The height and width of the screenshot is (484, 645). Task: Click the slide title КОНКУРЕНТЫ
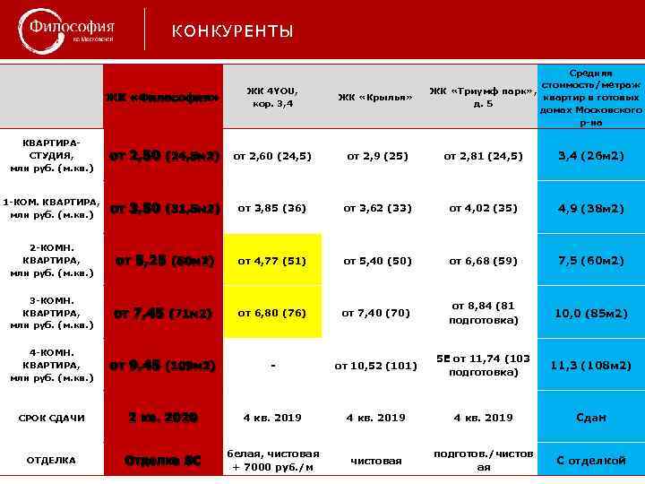[x=232, y=32]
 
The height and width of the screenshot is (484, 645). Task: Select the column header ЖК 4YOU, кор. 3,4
[x=272, y=97]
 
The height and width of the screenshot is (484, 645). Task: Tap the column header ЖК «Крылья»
[x=375, y=97]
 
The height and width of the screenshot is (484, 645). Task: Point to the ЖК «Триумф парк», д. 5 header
[x=483, y=97]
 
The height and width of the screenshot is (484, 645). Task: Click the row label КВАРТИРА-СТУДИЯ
[x=52, y=156]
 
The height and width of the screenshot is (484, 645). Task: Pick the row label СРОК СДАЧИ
[x=52, y=418]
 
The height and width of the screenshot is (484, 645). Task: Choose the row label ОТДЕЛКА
[x=52, y=461]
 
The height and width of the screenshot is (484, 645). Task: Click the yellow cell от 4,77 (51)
[x=272, y=261]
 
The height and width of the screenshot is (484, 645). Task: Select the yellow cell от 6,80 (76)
[x=272, y=313]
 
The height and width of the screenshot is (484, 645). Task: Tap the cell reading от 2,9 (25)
[x=375, y=156]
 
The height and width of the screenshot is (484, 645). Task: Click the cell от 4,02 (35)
[x=483, y=208]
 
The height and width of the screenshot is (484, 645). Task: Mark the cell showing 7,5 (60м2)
[x=591, y=261]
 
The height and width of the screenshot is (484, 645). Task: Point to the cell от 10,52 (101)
[x=375, y=365]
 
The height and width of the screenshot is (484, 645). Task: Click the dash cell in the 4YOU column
[x=272, y=365]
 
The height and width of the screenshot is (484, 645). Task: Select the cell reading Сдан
[x=591, y=418]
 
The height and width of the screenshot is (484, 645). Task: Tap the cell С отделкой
[x=591, y=461]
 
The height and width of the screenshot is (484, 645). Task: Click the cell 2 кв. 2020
[x=162, y=418]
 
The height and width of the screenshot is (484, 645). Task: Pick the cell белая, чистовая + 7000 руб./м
[x=272, y=461]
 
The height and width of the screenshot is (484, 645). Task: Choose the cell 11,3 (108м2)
[x=591, y=365]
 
